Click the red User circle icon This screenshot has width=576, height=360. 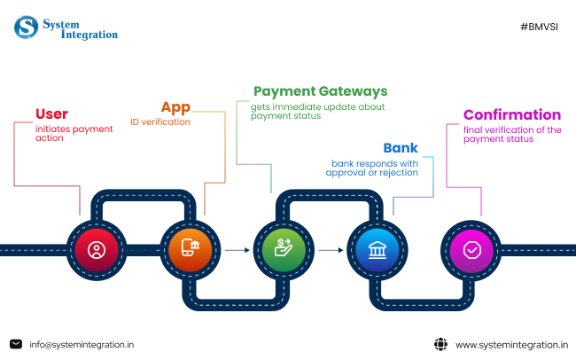pyautogui.click(x=97, y=250)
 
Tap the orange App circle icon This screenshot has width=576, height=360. pyautogui.click(x=189, y=250)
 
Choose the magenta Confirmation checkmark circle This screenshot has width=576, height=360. pyautogui.click(x=472, y=250)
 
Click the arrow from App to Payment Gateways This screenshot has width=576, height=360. pyautogui.click(x=236, y=250)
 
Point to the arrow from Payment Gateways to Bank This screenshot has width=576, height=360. pyautogui.click(x=330, y=250)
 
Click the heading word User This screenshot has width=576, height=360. pyautogui.click(x=51, y=113)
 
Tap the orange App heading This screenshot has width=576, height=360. pyautogui.click(x=175, y=107)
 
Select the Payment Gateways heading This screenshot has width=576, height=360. pyautogui.click(x=320, y=91)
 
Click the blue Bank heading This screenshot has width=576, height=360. pyautogui.click(x=401, y=148)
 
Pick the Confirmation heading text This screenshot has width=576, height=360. pyautogui.click(x=511, y=115)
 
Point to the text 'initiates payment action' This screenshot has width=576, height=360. pyautogui.click(x=74, y=134)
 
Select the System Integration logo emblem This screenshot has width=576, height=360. pyautogui.click(x=26, y=27)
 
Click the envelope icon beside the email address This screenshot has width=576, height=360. pyautogui.click(x=16, y=344)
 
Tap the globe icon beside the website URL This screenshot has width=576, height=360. pyautogui.click(x=440, y=344)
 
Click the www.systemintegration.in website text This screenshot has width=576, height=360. pyautogui.click(x=511, y=344)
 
